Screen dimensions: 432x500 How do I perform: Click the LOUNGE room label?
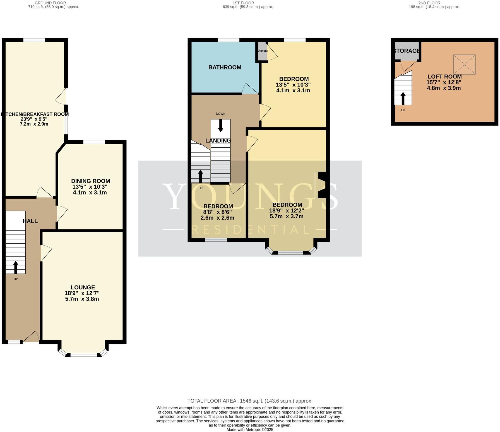pos(83,287)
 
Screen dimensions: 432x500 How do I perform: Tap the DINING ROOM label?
pos(90,181)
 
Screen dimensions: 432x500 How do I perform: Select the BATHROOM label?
pos(225,67)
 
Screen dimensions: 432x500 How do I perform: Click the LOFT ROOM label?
pos(444,76)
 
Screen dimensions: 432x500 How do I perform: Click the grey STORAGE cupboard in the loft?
pos(407,51)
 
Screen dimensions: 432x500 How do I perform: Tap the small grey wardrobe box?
pos(262,51)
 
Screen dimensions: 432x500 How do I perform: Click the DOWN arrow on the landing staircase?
pos(220,126)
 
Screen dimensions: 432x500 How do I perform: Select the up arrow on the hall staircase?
pos(16,267)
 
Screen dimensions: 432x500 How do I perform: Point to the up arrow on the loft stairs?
pos(403,98)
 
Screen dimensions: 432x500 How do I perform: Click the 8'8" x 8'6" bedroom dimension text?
pos(217,212)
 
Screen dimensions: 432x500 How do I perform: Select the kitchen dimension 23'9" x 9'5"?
pos(34,119)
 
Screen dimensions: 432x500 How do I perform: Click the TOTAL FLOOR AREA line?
pos(250,401)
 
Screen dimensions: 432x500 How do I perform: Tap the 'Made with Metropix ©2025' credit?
pos(250,429)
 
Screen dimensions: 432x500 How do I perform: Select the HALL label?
pos(30,221)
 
